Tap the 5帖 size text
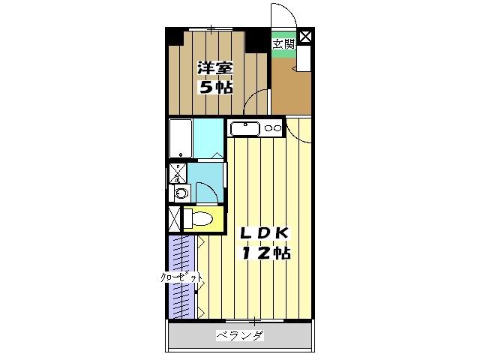tap(215, 87)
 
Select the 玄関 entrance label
tap(283, 43)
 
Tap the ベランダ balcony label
tap(240, 335)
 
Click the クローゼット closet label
tap(181, 278)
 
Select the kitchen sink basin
tap(245, 129)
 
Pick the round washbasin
tap(179, 193)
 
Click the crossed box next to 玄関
tap(306, 36)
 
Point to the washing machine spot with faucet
tap(177, 172)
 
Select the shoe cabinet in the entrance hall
tap(306, 59)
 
